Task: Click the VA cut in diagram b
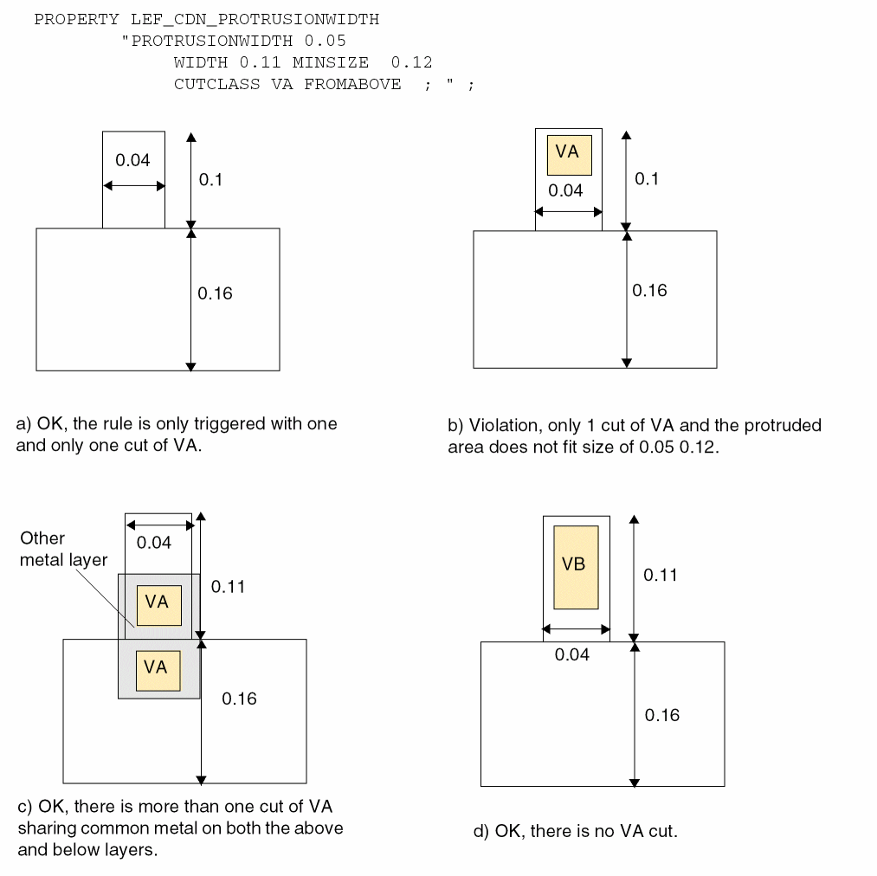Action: click(x=569, y=155)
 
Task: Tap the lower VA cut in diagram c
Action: click(x=157, y=669)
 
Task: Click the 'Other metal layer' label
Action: click(x=63, y=549)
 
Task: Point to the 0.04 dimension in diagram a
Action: click(x=132, y=160)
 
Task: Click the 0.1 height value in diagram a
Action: click(x=210, y=180)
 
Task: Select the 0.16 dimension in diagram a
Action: click(x=215, y=293)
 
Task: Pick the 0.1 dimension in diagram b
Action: click(x=647, y=178)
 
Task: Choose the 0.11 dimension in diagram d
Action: click(x=661, y=575)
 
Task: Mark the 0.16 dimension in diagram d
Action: click(x=662, y=715)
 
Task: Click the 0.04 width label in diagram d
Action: click(x=572, y=655)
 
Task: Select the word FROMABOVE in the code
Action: click(x=352, y=84)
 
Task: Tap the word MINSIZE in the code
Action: click(x=330, y=62)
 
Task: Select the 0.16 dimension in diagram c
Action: click(x=239, y=699)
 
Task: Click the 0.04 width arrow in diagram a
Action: click(x=133, y=186)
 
